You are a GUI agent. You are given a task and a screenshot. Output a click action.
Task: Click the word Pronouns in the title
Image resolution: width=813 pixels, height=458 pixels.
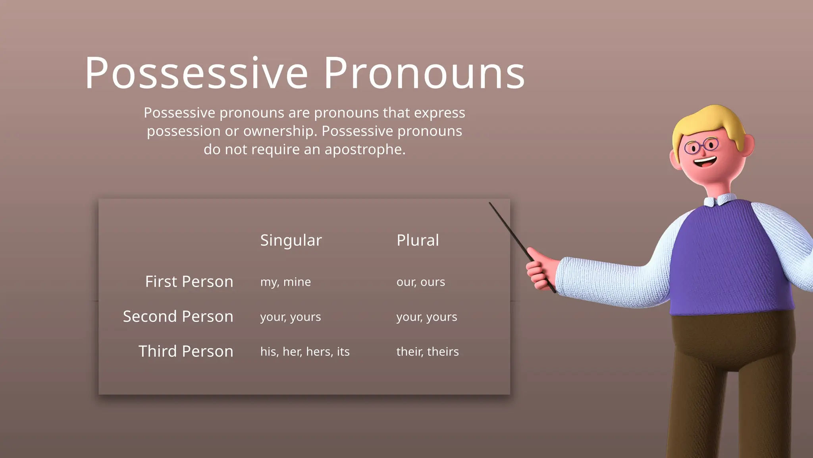pyautogui.click(x=424, y=74)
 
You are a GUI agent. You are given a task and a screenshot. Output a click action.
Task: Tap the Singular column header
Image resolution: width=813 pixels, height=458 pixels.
pyautogui.click(x=291, y=240)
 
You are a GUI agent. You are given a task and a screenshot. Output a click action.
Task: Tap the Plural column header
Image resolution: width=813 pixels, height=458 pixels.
pyautogui.click(x=418, y=240)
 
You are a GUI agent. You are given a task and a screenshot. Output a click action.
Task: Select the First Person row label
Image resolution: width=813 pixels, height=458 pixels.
pyautogui.click(x=189, y=281)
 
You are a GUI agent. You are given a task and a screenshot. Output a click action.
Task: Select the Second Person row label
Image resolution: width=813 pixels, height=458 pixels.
pyautogui.click(x=178, y=316)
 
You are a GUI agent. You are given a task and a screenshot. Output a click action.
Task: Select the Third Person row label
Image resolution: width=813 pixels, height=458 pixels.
pyautogui.click(x=185, y=351)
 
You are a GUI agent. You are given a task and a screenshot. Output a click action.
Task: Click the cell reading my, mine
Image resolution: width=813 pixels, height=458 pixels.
pyautogui.click(x=285, y=282)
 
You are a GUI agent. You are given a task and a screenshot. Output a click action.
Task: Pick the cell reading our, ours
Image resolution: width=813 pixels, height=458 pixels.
pyautogui.click(x=420, y=282)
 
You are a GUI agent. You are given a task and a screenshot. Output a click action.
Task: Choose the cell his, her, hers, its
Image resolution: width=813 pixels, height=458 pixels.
pyautogui.click(x=304, y=351)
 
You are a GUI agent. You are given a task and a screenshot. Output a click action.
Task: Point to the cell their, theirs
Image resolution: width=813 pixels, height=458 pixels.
pyautogui.click(x=427, y=351)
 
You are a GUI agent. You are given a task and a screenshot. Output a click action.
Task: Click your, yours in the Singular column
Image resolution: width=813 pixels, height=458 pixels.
pyautogui.click(x=290, y=317)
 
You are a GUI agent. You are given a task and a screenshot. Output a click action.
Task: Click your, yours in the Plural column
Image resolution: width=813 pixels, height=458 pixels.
pyautogui.click(x=426, y=317)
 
